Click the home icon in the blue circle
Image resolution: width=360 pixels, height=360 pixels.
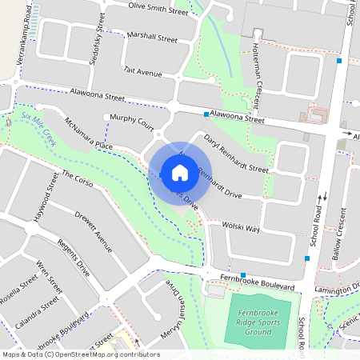coord(180,172)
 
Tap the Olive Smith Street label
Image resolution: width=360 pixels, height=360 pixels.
coord(158,9)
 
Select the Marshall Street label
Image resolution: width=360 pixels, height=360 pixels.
coord(152,37)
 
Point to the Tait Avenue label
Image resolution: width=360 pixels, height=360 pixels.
coord(143,71)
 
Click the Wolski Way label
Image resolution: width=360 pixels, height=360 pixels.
coord(241,228)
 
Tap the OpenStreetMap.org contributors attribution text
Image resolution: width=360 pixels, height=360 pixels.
coord(109,354)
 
